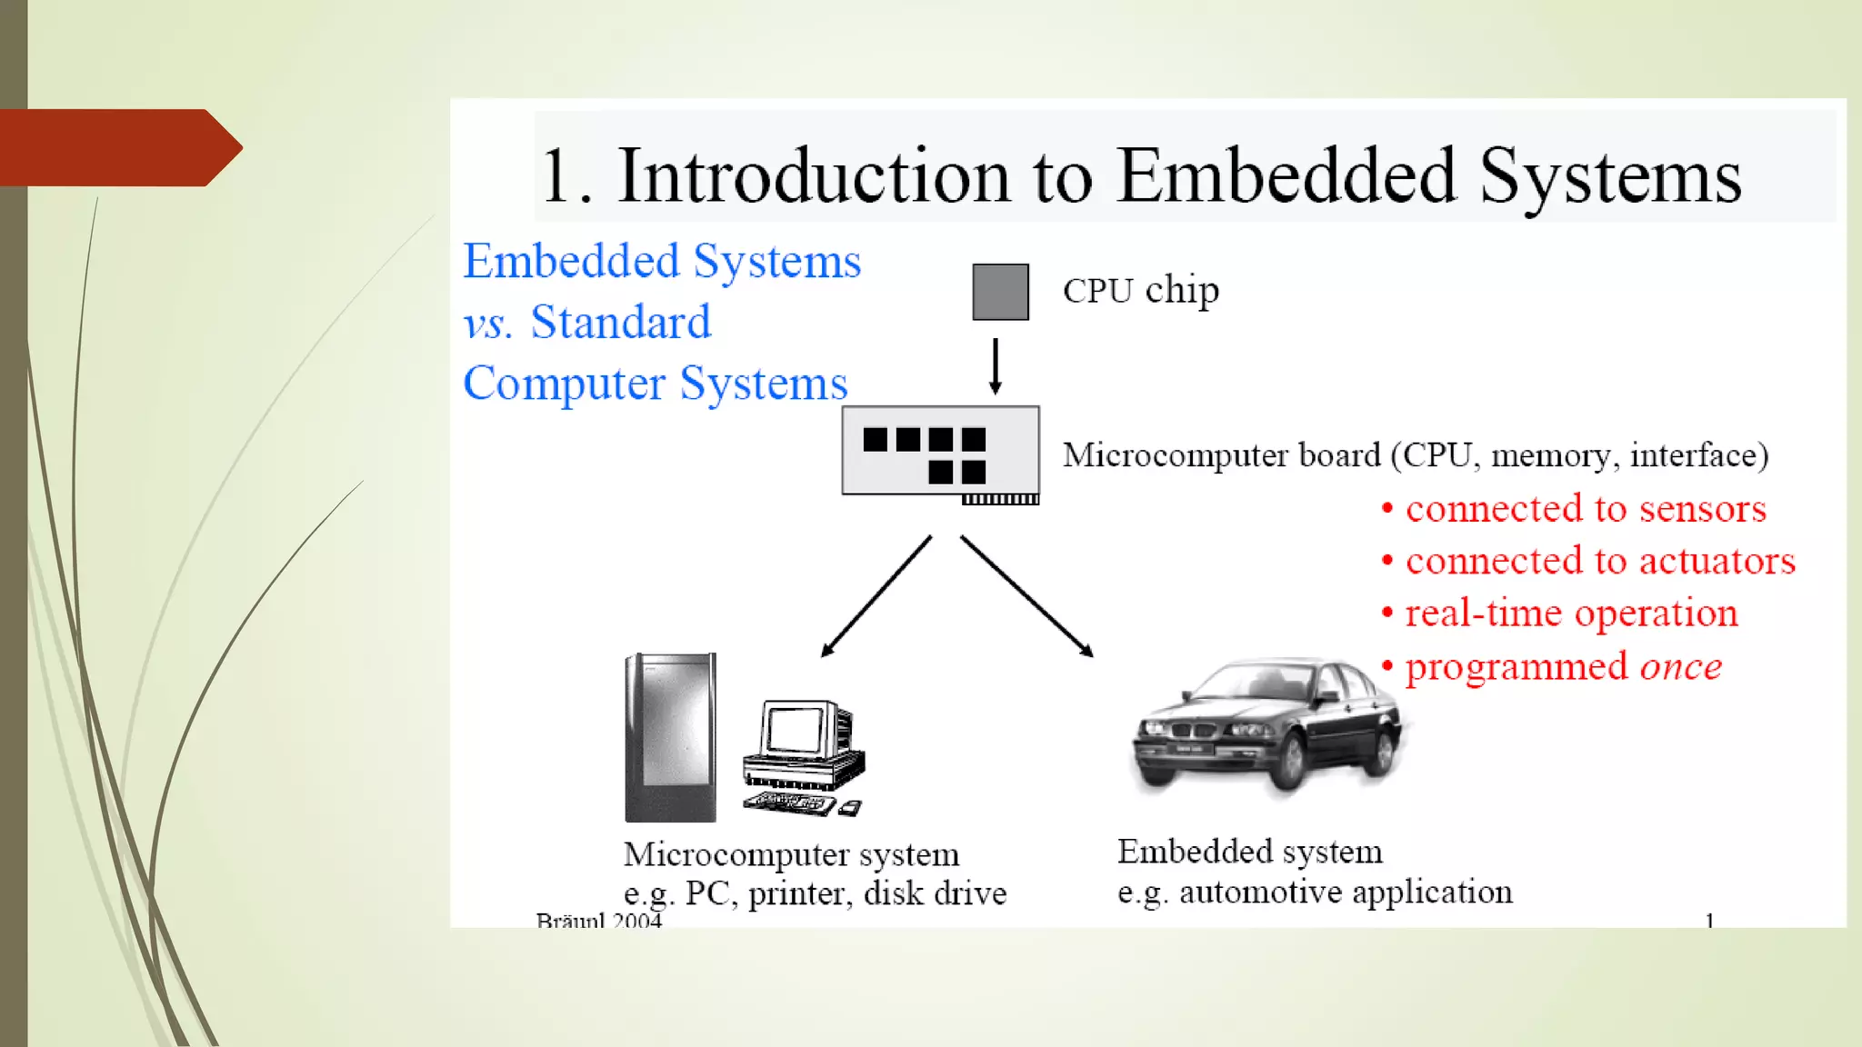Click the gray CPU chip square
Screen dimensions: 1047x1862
1000,292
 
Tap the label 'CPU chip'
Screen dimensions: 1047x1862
1140,291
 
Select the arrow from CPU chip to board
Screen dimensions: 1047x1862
996,365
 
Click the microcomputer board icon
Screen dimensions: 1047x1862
940,451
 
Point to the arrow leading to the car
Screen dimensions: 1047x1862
1026,595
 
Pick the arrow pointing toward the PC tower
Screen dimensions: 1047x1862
876,595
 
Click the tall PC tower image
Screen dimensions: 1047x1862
671,737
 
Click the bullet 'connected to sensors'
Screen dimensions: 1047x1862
1585,509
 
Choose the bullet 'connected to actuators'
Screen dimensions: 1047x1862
1599,562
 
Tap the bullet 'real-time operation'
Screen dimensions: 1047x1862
1570,613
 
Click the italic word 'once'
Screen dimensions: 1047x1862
1680,667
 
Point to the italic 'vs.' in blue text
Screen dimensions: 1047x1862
488,324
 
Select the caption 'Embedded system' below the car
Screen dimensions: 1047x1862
1249,852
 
